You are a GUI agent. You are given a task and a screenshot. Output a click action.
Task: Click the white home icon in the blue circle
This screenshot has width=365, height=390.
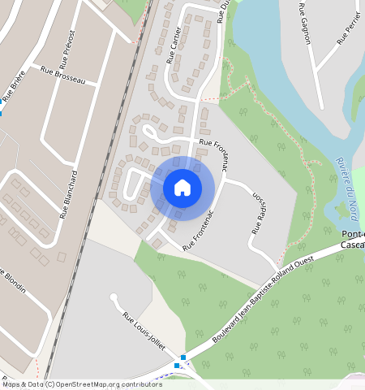click(x=182, y=188)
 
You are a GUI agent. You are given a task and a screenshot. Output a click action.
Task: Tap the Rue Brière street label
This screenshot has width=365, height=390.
click(x=14, y=85)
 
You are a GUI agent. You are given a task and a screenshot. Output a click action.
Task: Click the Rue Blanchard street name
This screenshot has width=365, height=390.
click(x=68, y=195)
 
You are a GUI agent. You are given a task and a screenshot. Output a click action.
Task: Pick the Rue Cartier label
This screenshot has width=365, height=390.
click(x=174, y=45)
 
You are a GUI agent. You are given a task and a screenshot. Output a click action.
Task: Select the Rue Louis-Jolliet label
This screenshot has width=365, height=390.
click(x=144, y=331)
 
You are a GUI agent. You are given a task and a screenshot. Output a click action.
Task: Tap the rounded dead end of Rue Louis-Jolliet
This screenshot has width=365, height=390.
click(x=114, y=297)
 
